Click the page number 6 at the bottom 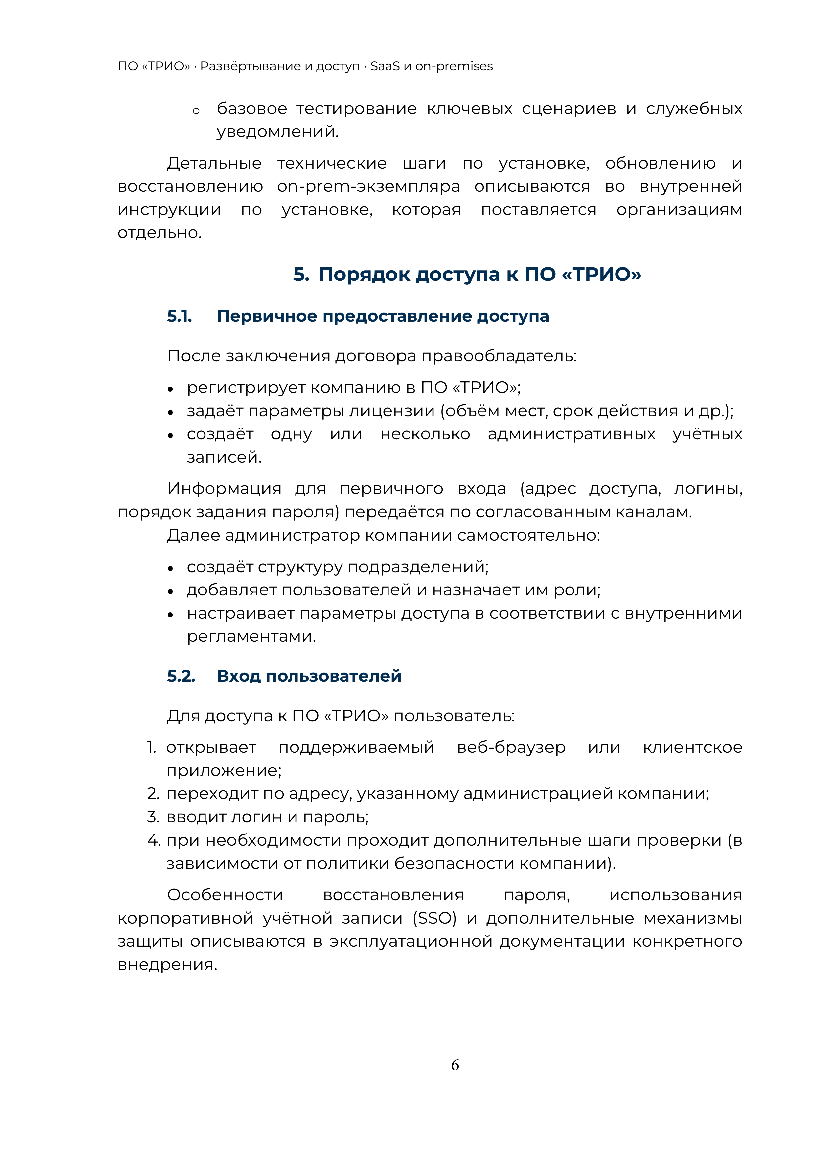coord(455,1065)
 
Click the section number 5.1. coord(180,316)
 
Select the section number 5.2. coord(181,676)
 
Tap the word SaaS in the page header coord(385,66)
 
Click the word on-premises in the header coord(454,66)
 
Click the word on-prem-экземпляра coord(368,187)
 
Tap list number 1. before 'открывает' coord(151,747)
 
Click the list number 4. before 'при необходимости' coord(153,840)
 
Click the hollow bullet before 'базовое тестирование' coord(196,111)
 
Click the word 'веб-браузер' coord(511,747)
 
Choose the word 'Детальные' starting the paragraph coord(214,164)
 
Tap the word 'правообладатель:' coord(499,356)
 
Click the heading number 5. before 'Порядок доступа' coord(301,275)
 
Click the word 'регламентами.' coord(251,637)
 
